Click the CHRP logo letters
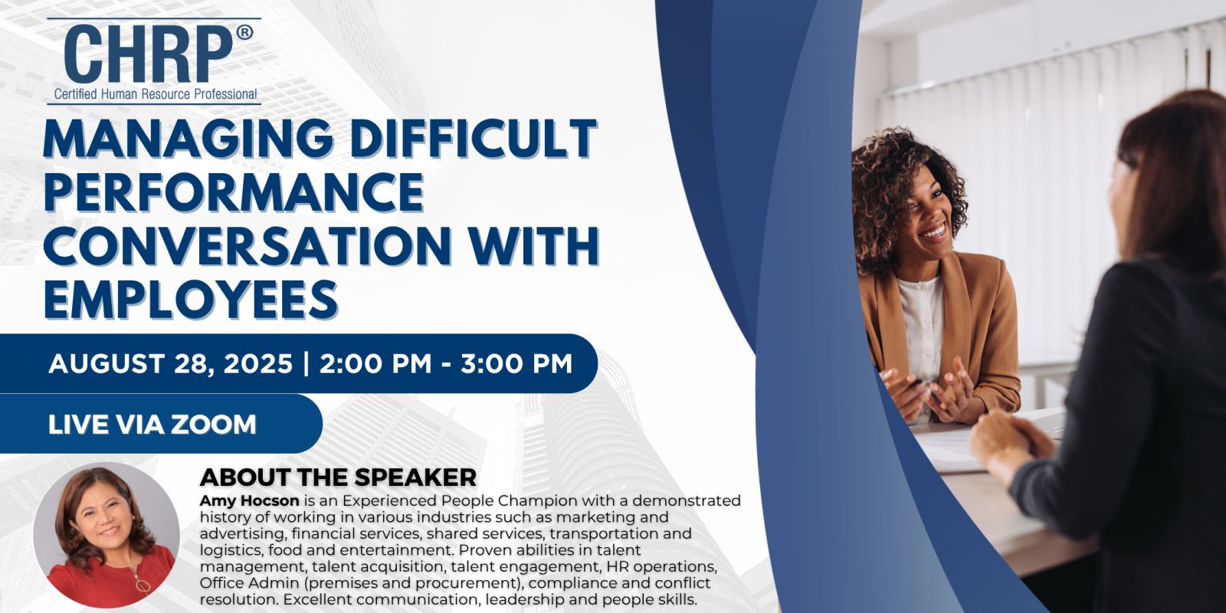click(149, 54)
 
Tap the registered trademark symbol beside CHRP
click(244, 33)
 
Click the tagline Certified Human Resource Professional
click(156, 94)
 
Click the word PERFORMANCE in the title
click(234, 192)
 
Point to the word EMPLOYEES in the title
click(191, 299)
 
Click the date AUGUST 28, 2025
click(171, 364)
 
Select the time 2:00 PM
click(375, 364)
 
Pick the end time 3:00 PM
click(516, 364)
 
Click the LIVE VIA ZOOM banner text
click(152, 425)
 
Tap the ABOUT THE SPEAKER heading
click(338, 477)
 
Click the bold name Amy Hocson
click(249, 501)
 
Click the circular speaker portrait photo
click(107, 535)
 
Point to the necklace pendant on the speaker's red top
click(143, 586)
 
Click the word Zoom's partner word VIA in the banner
click(138, 425)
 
